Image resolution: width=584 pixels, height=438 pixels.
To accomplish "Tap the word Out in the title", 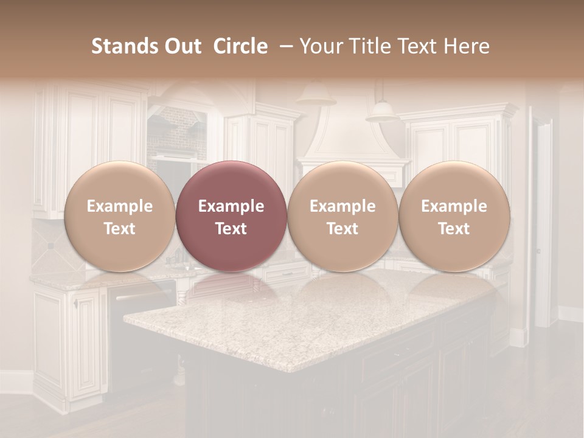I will (x=181, y=46).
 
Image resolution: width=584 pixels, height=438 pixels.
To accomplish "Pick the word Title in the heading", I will (x=366, y=46).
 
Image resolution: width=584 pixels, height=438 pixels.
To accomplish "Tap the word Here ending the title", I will (x=465, y=46).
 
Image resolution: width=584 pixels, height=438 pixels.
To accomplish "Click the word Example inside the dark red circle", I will (x=231, y=206).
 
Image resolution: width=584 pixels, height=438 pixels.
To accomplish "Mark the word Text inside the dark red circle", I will (x=231, y=229).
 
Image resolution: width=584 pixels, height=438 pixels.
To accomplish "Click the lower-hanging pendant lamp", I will (x=382, y=111).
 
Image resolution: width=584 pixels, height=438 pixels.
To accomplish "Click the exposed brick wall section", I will (x=176, y=131).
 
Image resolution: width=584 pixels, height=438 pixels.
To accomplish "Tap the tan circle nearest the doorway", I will (x=454, y=217).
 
